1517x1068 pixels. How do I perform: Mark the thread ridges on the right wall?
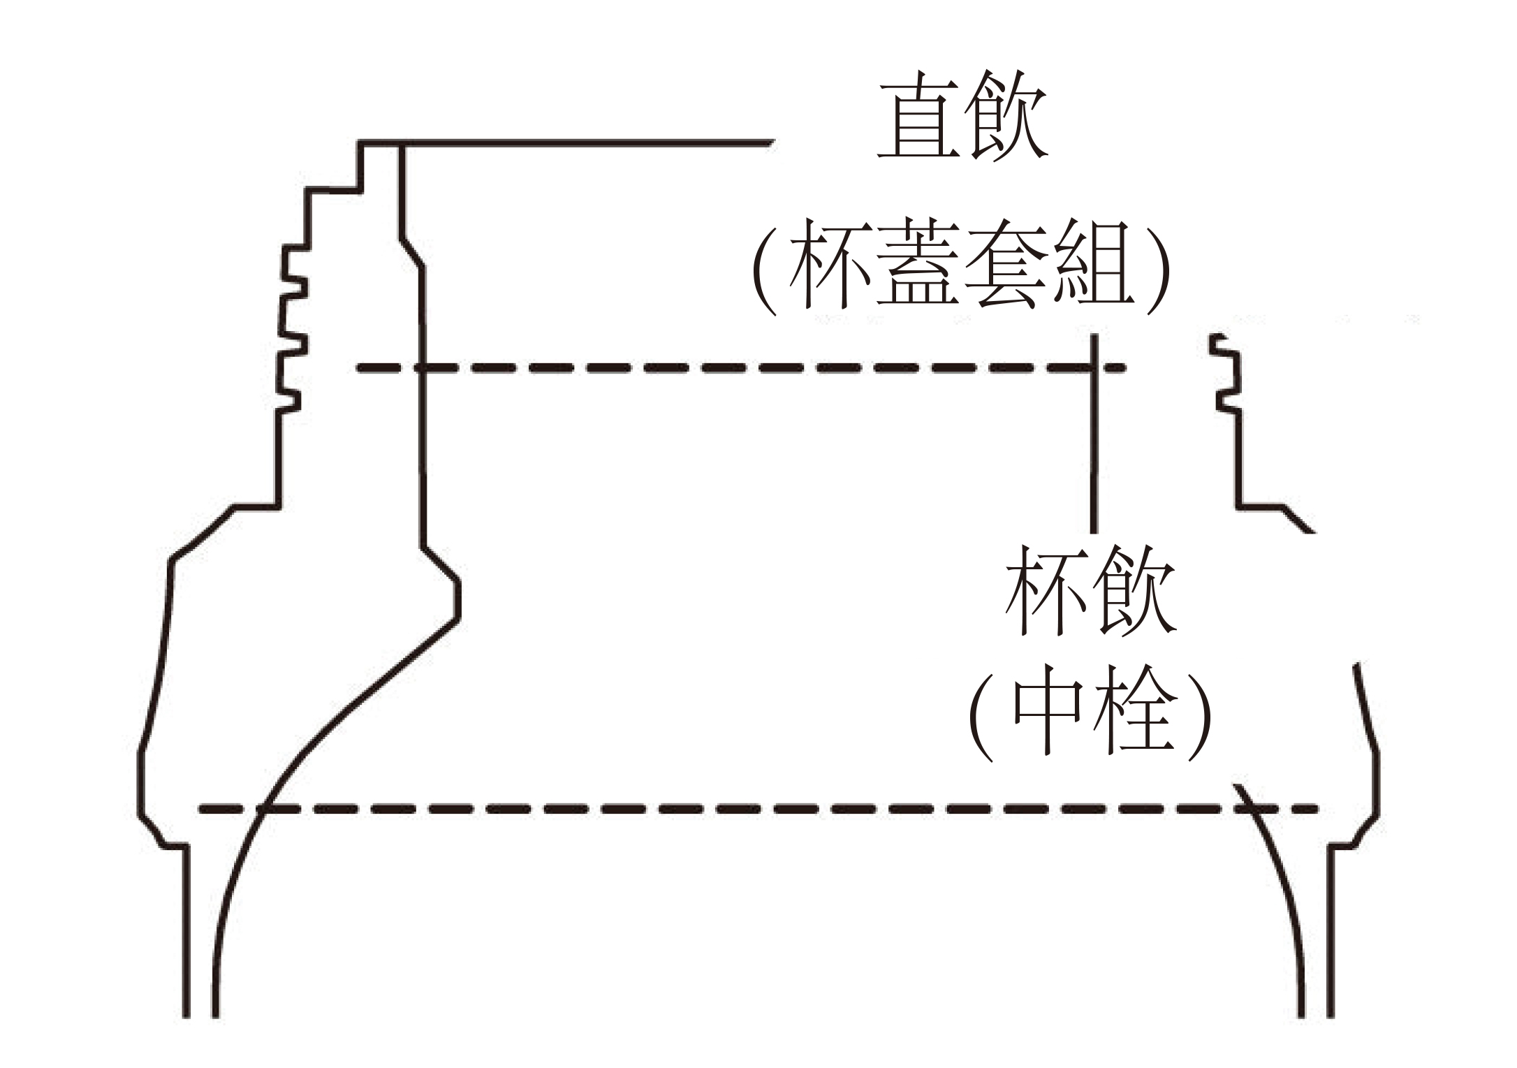1229,377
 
